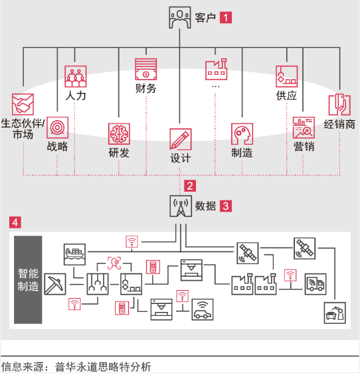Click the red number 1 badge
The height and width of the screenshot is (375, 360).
[x=225, y=18]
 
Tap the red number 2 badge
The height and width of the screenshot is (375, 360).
[x=190, y=186]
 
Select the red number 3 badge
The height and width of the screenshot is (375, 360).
[x=225, y=206]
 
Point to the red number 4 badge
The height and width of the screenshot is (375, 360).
[x=15, y=222]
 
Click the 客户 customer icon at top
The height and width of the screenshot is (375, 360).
[x=180, y=17]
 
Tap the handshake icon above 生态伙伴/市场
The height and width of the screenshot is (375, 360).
[x=23, y=104]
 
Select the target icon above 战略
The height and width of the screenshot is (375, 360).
[x=57, y=127]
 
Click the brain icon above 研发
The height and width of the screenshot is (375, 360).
[x=119, y=134]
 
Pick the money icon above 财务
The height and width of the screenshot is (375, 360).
[x=145, y=69]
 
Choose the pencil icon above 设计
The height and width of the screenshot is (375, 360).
[x=181, y=139]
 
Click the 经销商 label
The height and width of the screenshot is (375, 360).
[x=339, y=124]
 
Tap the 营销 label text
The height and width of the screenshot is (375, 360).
[x=304, y=147]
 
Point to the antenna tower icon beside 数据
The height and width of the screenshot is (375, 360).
[x=181, y=206]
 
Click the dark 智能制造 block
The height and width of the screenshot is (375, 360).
[x=28, y=280]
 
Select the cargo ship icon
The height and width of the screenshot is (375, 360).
[x=74, y=254]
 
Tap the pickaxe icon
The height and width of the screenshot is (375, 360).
[x=55, y=284]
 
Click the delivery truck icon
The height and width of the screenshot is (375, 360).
[x=315, y=284]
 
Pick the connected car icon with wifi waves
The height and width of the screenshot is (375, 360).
[x=203, y=309]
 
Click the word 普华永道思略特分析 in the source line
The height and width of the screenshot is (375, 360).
[x=103, y=367]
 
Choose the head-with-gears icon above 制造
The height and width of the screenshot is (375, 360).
[x=242, y=134]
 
